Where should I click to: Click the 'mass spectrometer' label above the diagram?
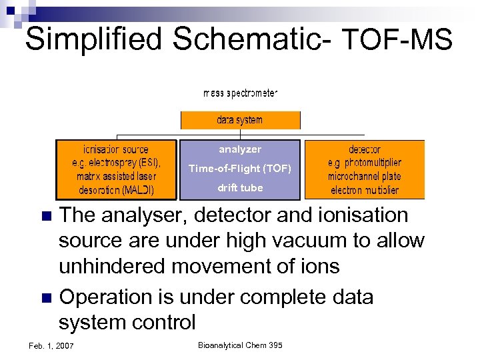(x=240, y=93)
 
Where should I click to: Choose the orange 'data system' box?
(x=240, y=120)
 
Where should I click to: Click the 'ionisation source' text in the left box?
(x=116, y=149)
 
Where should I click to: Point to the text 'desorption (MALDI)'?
(x=116, y=190)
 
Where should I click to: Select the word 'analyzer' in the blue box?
(x=240, y=149)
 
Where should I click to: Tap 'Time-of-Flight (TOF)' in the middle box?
(x=240, y=169)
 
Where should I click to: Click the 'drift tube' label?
(x=240, y=188)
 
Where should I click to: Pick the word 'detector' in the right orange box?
(x=364, y=149)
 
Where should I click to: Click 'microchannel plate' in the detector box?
(x=364, y=177)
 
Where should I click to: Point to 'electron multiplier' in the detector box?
(x=364, y=190)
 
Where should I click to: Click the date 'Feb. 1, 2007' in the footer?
(x=52, y=345)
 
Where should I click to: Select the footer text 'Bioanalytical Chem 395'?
(x=240, y=345)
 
